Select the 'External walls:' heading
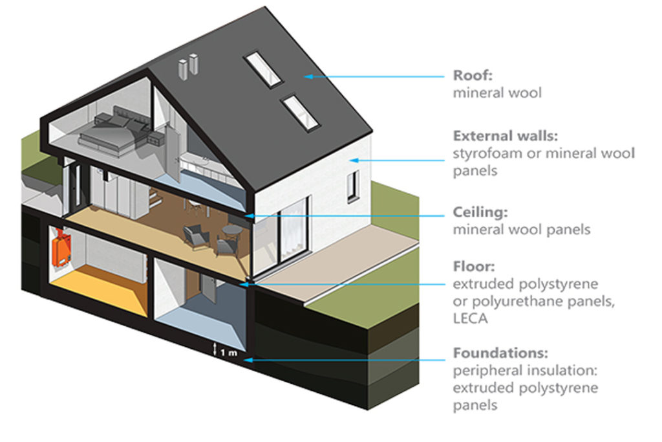(505, 137)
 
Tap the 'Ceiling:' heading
(480, 212)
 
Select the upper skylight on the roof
(262, 69)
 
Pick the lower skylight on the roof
(301, 112)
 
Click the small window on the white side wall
(351, 186)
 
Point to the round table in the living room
(231, 231)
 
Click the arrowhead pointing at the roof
(308, 76)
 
